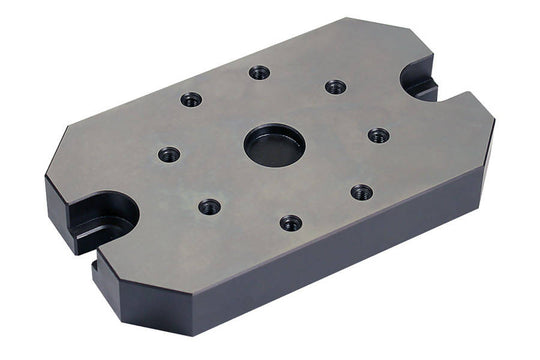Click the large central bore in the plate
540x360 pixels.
[x=274, y=146]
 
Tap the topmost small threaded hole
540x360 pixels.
[x=259, y=72]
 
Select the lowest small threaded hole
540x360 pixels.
[x=291, y=222]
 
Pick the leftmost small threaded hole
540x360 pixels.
[x=169, y=154]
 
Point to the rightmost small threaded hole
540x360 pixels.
[x=378, y=135]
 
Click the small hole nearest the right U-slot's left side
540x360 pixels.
[x=336, y=87]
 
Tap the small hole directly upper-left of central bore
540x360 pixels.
[x=191, y=99]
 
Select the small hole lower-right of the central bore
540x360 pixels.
[x=362, y=191]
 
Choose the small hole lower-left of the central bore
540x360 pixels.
[x=209, y=206]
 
